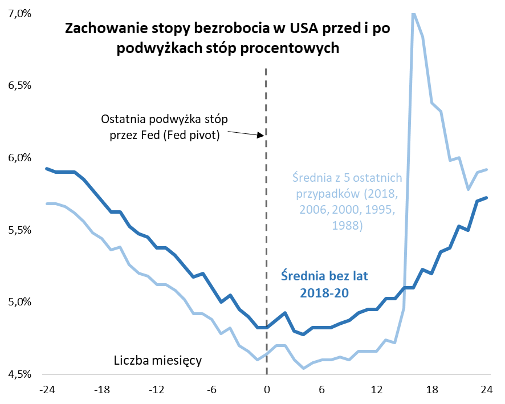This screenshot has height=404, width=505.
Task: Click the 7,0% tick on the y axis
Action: coord(18,14)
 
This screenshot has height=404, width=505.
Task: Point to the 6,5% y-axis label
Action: coord(18,85)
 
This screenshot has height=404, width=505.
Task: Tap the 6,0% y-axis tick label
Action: coord(18,158)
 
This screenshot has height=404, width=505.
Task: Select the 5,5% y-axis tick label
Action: coord(18,230)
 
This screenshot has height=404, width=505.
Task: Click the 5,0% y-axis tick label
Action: coord(18,302)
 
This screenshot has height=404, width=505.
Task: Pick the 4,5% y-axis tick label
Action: coord(18,374)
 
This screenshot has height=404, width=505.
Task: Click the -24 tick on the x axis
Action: coord(47,390)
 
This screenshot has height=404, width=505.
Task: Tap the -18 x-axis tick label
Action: coord(102,390)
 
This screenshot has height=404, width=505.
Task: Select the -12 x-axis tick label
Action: coord(157,390)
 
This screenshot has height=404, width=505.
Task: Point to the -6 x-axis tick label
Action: coord(211,390)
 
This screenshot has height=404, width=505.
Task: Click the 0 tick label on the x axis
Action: coord(267,390)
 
